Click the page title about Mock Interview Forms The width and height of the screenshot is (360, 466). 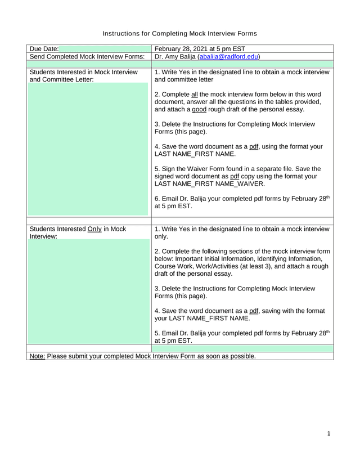tap(179, 34)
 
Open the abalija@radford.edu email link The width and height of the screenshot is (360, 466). tap(228, 56)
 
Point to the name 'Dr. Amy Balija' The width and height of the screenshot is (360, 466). tap(174, 56)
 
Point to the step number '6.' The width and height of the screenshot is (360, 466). tap(157, 199)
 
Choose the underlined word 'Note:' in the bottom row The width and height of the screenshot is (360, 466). tap(37, 356)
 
